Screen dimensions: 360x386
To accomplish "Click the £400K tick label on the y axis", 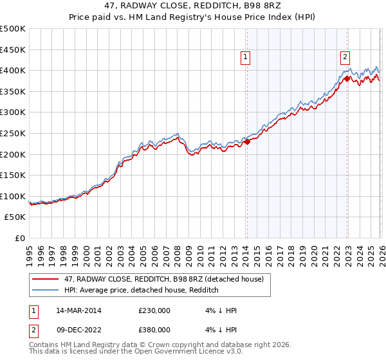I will pos(13,70).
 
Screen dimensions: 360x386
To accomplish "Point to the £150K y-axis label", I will pos(13,175).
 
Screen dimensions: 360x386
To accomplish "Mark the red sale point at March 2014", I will pos(247,141).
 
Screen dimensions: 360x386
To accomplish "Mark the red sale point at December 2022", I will pos(346,78).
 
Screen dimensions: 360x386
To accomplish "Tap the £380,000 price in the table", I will pos(154,329).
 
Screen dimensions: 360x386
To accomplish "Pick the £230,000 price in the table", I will pos(154,310).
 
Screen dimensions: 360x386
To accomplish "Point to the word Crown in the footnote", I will pos(173,345).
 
